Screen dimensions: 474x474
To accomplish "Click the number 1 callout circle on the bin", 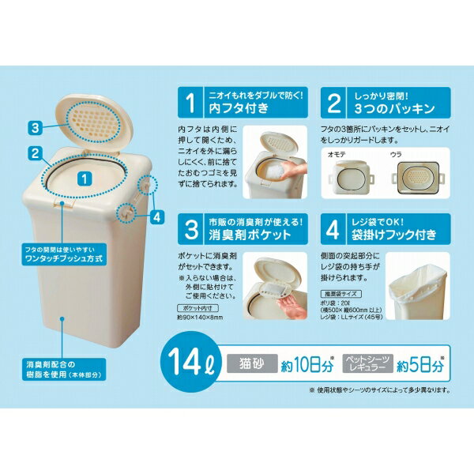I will point(84,180).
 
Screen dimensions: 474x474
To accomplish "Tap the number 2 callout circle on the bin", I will point(36,150).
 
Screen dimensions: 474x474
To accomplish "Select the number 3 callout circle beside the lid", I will point(36,127).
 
